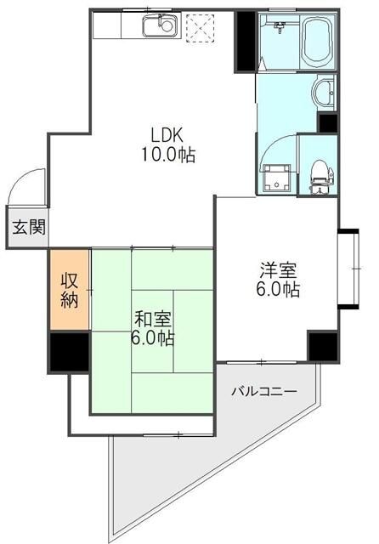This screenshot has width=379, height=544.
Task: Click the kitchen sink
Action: point(157,26)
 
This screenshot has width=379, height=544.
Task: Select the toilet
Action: point(320,175)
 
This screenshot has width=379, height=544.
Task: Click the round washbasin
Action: point(326,90)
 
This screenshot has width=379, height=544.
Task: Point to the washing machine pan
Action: point(278,178)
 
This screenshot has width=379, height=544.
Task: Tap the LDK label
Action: point(167,134)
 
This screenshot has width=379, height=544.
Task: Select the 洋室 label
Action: point(278,271)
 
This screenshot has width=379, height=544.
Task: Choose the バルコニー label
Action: point(264,391)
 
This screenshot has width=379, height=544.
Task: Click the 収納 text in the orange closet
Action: point(69,289)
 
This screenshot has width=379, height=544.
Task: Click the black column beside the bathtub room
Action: point(246,41)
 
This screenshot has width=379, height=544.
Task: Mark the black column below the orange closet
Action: point(69,352)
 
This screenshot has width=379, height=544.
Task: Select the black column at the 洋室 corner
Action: point(322,346)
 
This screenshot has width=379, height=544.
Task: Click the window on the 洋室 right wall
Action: point(346,270)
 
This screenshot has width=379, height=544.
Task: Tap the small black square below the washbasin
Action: point(327,122)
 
